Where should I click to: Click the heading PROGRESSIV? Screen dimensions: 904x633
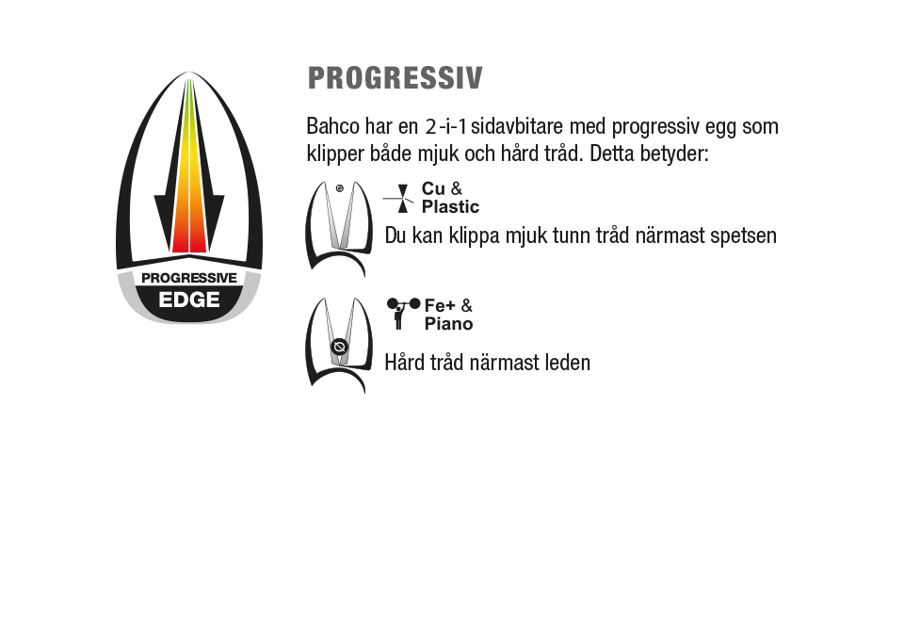395,78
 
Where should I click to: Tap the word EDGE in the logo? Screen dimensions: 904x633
189,300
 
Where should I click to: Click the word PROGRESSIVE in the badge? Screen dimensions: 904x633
189,278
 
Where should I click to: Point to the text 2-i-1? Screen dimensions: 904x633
446,126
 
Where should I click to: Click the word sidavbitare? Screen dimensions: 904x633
517,126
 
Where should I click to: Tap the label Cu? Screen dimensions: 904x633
433,188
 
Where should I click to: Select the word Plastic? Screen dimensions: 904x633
450,206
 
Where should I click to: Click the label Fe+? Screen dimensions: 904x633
440,305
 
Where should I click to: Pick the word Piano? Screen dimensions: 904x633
448,323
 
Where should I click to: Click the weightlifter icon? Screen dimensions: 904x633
403,313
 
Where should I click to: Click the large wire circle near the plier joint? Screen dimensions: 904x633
340,347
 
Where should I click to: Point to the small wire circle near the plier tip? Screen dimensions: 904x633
340,188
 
